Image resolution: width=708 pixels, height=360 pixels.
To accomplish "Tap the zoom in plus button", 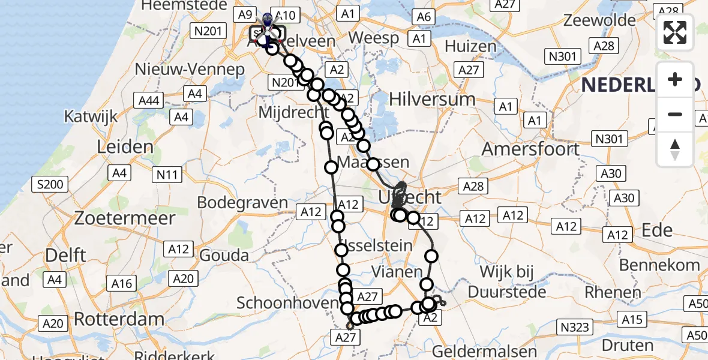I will click(675, 79).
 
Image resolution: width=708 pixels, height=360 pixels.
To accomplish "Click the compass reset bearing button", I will click(675, 149).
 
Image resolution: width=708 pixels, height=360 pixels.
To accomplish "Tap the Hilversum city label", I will click(432, 99).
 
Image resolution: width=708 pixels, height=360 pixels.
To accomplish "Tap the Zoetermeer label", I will click(125, 218).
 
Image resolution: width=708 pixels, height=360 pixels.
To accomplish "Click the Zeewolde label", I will click(599, 20).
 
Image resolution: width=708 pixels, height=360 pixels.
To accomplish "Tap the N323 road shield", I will click(575, 326).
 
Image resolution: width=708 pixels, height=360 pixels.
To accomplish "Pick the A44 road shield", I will click(149, 100).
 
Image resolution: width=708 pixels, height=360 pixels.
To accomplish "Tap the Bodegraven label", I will click(242, 202).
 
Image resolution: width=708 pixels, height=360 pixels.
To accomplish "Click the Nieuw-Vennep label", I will click(190, 69).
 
